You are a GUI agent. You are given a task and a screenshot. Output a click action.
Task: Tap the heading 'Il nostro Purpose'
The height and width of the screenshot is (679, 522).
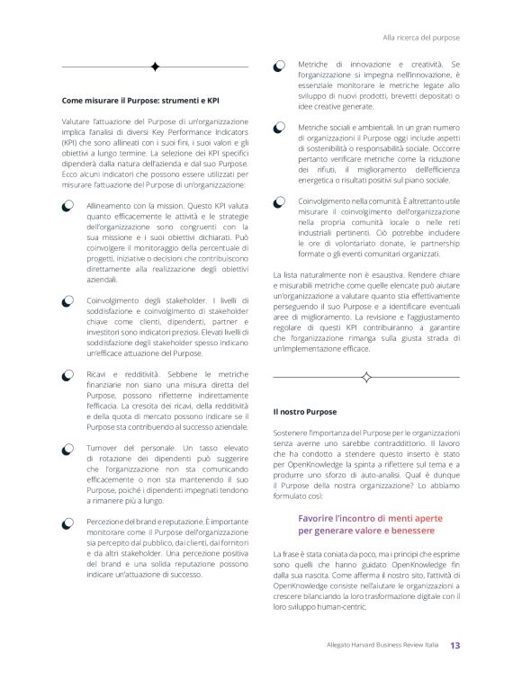pos(304,411)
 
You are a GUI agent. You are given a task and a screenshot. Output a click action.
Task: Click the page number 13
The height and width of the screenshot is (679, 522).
pos(455,645)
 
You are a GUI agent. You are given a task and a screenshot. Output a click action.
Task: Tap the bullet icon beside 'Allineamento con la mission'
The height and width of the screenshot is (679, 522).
pos(67,207)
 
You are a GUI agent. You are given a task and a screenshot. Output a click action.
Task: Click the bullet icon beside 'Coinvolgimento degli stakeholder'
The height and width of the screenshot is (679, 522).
pos(67,299)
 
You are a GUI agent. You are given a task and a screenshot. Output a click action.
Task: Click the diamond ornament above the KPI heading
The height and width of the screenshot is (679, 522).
pos(154,67)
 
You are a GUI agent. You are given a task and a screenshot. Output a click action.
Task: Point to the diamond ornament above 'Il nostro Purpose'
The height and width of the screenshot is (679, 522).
pos(367,374)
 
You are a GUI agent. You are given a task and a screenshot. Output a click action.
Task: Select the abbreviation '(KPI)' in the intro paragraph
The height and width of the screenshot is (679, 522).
pos(71,142)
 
